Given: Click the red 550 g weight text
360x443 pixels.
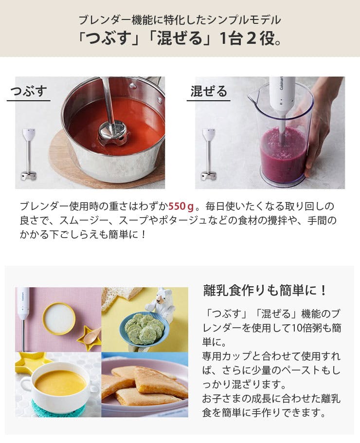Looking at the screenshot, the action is (x=181, y=206).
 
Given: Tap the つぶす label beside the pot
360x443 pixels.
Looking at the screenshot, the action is (x=29, y=91).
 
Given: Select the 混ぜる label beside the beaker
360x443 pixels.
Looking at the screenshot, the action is (x=209, y=91).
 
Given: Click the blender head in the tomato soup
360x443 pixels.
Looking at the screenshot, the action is (x=111, y=133).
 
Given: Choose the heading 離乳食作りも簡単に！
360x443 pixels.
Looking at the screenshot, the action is (x=265, y=291).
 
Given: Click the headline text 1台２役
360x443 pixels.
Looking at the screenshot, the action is (x=251, y=38).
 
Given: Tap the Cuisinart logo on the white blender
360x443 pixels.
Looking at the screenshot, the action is (x=282, y=84).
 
